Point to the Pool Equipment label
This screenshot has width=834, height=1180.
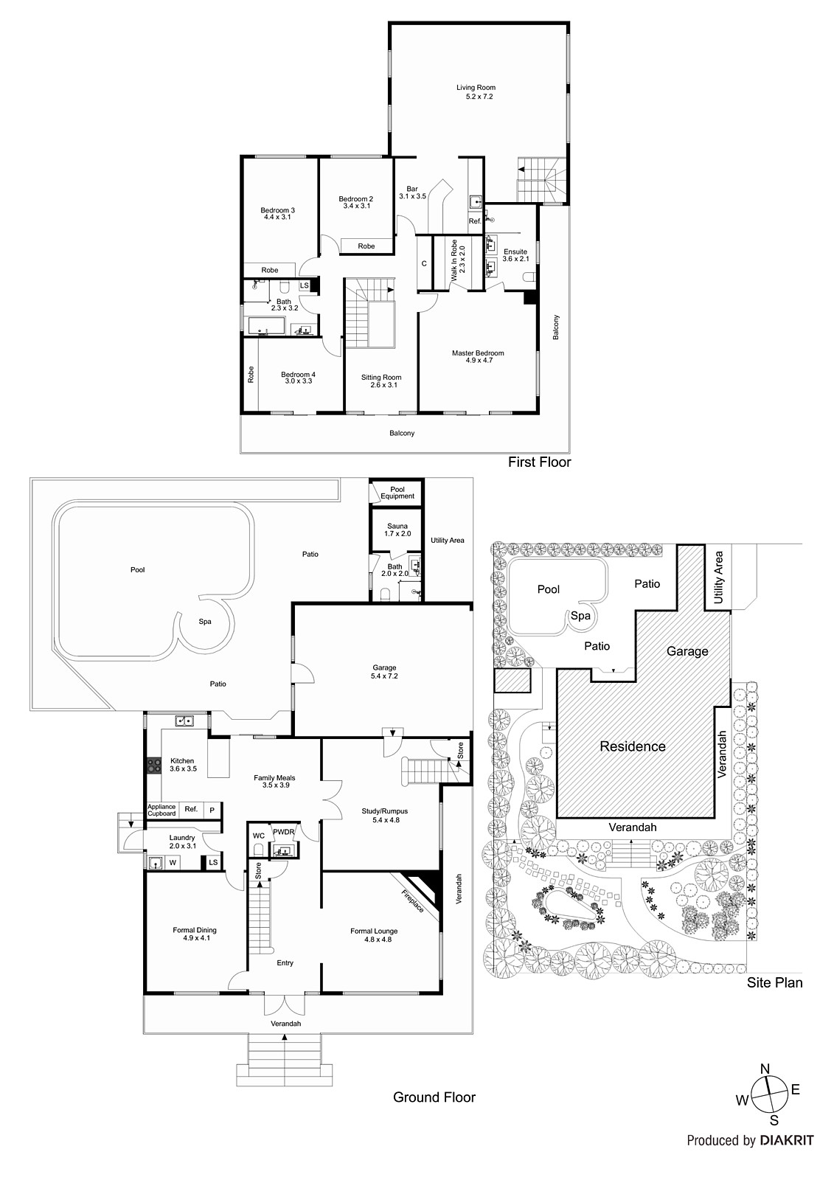[397, 493]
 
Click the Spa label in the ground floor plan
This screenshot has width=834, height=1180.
[205, 621]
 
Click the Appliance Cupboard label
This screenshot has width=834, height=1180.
[161, 810]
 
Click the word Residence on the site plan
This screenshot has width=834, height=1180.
[632, 746]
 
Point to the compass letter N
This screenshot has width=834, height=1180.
[765, 1069]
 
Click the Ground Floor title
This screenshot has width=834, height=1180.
[434, 1097]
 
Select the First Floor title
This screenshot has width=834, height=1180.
[539, 462]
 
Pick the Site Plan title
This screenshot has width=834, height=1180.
[774, 982]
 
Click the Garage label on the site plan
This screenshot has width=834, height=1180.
[687, 651]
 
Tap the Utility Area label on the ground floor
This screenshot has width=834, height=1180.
[448, 541]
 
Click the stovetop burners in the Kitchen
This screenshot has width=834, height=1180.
[154, 766]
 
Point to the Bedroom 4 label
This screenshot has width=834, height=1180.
[297, 378]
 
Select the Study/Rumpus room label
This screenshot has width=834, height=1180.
[384, 815]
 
